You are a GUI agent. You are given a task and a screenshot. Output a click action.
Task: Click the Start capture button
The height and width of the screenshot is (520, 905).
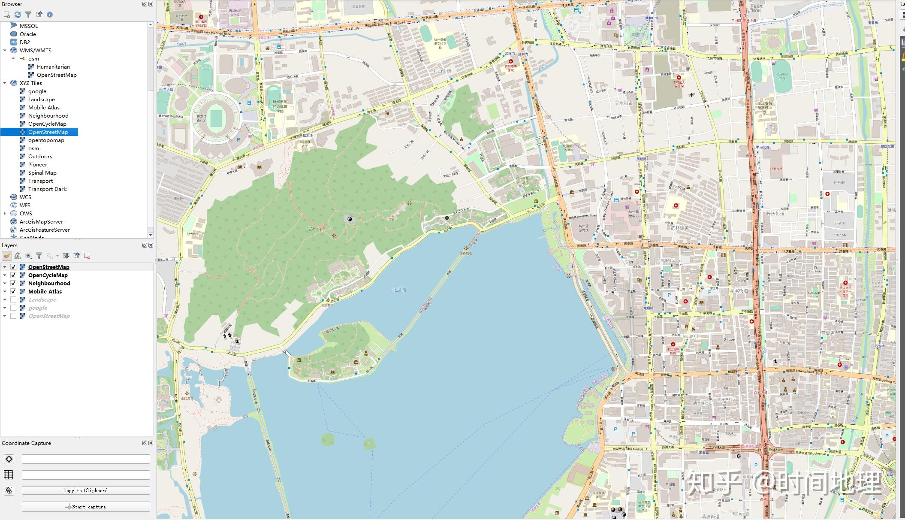(86, 507)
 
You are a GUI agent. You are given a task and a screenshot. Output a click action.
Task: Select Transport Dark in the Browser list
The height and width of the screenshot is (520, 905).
(47, 189)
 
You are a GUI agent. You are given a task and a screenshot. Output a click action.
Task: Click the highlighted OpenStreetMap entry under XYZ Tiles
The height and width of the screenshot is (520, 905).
(48, 132)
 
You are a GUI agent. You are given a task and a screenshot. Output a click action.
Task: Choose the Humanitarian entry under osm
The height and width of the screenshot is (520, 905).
(53, 67)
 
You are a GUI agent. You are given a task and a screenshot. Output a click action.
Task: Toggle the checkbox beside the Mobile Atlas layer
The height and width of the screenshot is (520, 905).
(13, 291)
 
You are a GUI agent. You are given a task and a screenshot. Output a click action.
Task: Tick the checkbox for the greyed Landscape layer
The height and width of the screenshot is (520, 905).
(13, 299)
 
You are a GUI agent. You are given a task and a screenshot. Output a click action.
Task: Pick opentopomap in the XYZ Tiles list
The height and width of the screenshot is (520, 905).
(46, 140)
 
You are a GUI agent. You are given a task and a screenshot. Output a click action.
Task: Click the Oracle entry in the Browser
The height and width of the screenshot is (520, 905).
(28, 34)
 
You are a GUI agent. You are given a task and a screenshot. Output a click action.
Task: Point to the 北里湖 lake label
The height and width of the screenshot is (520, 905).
(399, 290)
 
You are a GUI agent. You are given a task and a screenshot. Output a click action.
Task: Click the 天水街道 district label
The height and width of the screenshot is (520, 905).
(624, 103)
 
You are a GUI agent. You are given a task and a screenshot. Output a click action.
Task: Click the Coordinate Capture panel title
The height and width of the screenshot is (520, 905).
(26, 443)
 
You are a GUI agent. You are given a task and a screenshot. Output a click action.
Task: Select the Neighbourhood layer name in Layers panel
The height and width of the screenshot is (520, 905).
(49, 283)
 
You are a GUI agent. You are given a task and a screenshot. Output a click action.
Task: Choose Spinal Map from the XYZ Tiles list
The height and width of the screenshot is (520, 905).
(42, 172)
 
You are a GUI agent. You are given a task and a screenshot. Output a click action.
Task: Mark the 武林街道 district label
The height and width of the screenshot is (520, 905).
(679, 228)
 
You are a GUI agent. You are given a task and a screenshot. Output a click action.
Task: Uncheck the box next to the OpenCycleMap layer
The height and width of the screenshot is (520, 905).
(13, 275)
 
